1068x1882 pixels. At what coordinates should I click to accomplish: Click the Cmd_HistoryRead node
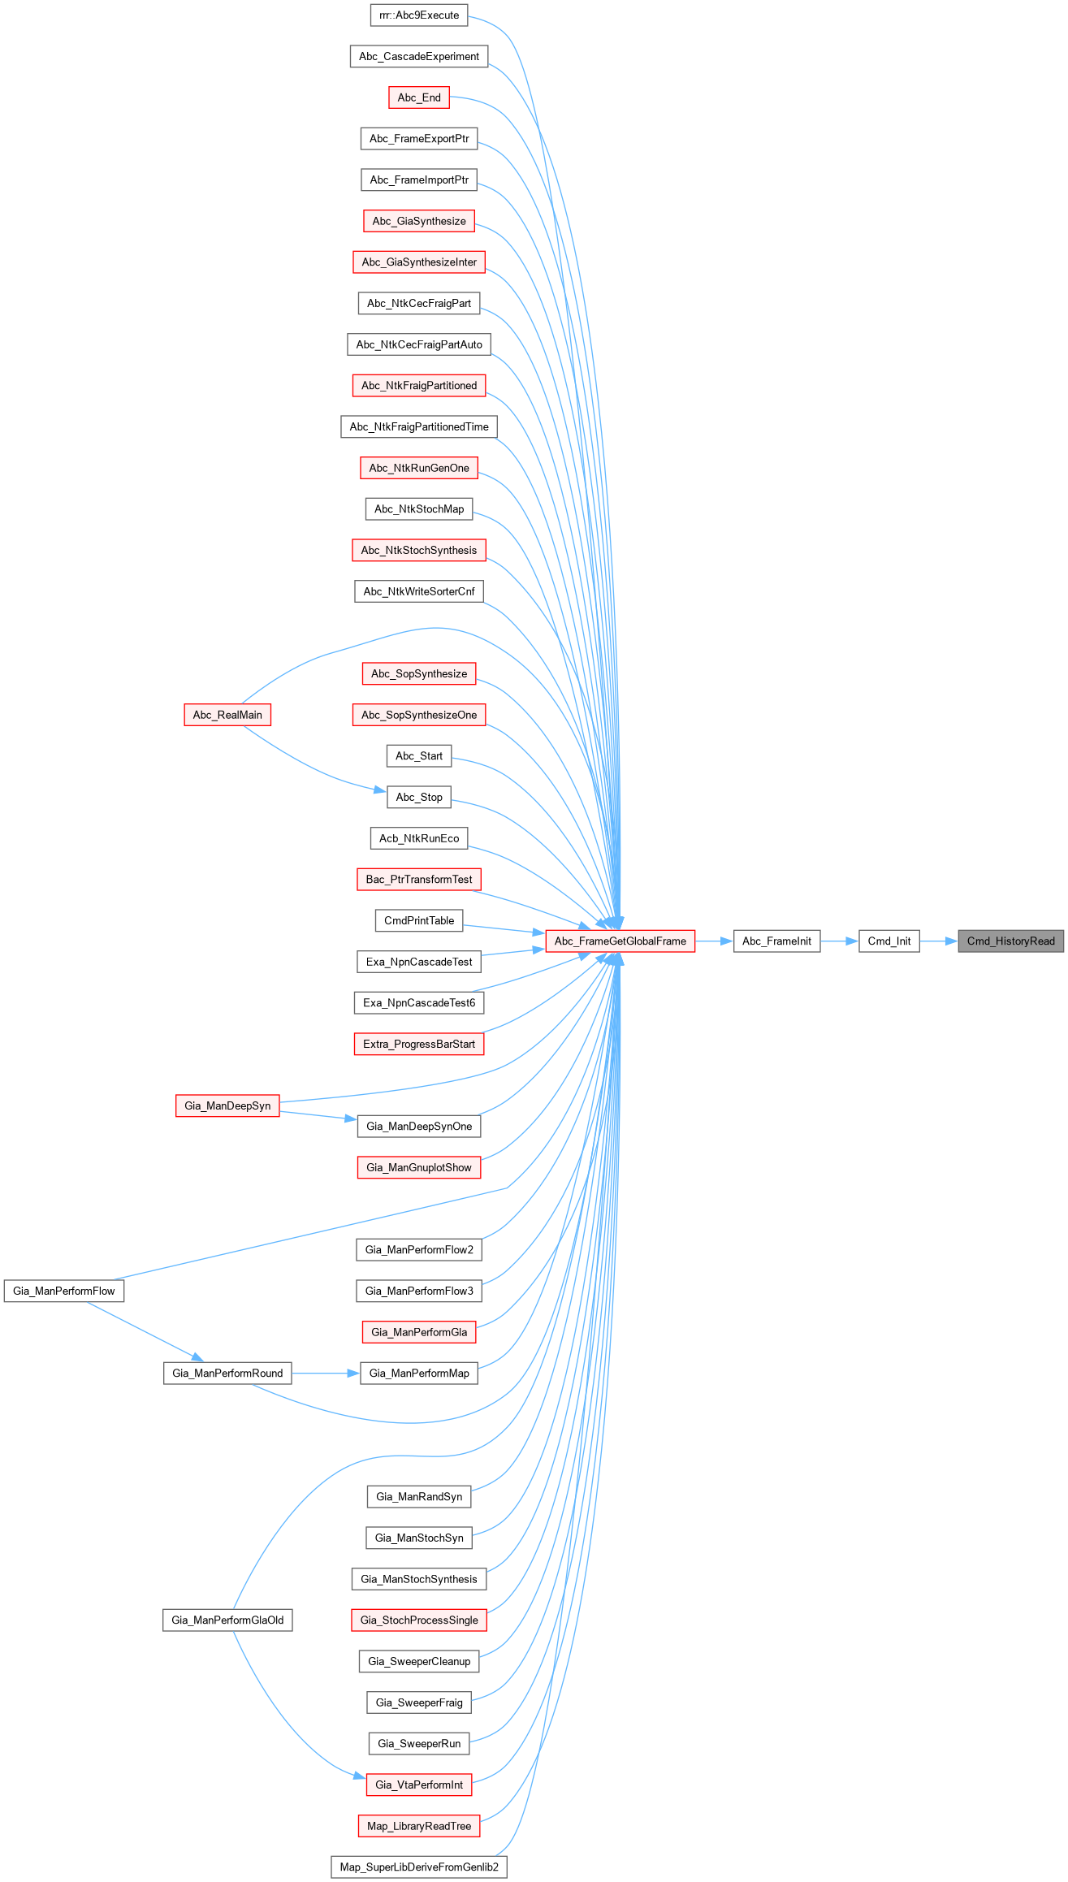coord(1010,941)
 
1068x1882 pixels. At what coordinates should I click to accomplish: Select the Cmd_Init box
coord(889,941)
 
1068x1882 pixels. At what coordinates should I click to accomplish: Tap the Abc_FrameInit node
coord(776,941)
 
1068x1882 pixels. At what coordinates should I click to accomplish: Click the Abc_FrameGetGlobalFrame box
coord(620,941)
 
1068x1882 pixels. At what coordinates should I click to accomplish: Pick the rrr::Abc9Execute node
coord(419,15)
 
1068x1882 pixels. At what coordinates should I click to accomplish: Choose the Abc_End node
coord(419,97)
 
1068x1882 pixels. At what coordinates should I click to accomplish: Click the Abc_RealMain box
coord(227,715)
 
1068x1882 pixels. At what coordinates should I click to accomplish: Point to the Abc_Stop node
coord(419,798)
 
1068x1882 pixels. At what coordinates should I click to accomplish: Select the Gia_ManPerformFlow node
coord(64,1291)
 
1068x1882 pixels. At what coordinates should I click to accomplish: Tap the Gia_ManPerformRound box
coord(227,1374)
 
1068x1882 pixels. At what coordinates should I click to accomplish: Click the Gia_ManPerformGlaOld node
coord(227,1620)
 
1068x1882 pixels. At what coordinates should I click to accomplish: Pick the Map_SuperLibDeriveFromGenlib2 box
coord(419,1867)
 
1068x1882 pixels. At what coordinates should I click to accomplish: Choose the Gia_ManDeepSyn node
coord(227,1105)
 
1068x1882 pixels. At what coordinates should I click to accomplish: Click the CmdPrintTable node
coord(419,921)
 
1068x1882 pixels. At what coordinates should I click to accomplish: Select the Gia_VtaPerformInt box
coord(419,1785)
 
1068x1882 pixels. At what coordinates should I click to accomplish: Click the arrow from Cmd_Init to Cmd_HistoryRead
coord(939,941)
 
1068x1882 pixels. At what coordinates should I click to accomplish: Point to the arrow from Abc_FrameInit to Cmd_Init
coord(839,941)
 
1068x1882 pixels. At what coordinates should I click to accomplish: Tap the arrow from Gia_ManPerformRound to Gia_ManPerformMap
coord(325,1374)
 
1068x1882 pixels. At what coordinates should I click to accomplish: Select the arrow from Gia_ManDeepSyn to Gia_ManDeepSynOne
coord(318,1115)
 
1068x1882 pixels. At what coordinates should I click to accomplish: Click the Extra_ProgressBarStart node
coord(419,1045)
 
